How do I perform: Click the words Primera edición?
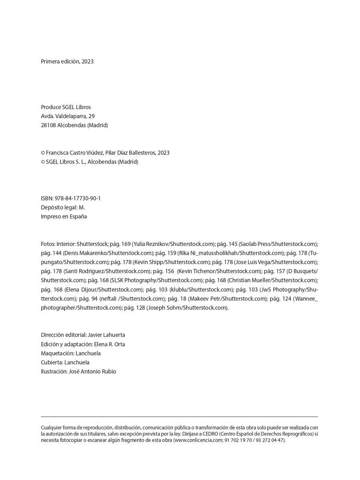point(60,62)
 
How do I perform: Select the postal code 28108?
point(48,125)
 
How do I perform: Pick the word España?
point(78,217)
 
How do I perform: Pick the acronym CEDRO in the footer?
point(220,434)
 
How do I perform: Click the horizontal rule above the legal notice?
point(179,417)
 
